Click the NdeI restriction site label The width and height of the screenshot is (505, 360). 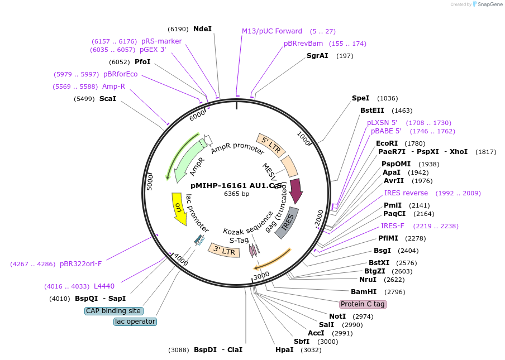pyautogui.click(x=202, y=29)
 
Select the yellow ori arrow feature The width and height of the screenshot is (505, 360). pyautogui.click(x=179, y=209)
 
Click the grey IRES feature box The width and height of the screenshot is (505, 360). pyautogui.click(x=287, y=223)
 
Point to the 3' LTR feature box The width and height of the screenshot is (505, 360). pyautogui.click(x=224, y=251)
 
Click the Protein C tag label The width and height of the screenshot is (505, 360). pyautogui.click(x=363, y=304)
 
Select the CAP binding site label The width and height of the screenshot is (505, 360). pyautogui.click(x=114, y=311)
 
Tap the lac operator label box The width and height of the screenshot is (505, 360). pyautogui.click(x=135, y=321)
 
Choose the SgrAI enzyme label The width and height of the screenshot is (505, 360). pyautogui.click(x=317, y=56)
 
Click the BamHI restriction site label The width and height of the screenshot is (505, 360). pyautogui.click(x=364, y=292)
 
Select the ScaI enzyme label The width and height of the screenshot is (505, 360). pyautogui.click(x=108, y=99)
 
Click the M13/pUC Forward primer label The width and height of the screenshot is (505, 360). pyautogui.click(x=272, y=31)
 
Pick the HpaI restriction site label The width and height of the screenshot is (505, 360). pyautogui.click(x=284, y=350)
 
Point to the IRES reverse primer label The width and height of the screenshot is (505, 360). pyautogui.click(x=406, y=193)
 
